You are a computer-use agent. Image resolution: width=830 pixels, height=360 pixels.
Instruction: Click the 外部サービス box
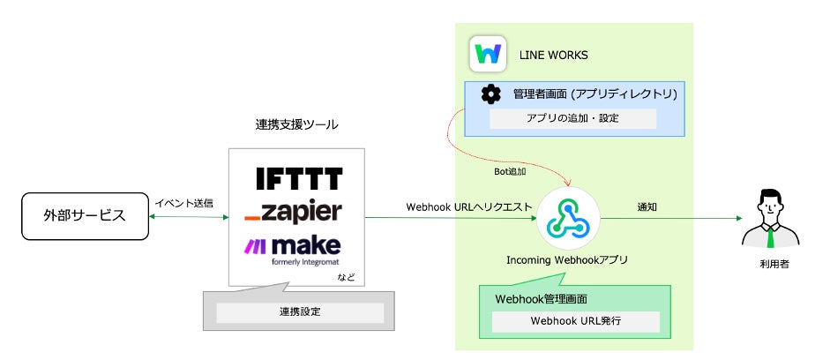pyautogui.click(x=85, y=216)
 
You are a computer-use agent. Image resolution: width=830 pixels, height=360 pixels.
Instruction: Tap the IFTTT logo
pyautogui.click(x=298, y=179)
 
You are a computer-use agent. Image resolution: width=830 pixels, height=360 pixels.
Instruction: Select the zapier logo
pyautogui.click(x=293, y=212)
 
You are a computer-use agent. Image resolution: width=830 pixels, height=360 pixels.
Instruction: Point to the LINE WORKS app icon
pyautogui.click(x=487, y=55)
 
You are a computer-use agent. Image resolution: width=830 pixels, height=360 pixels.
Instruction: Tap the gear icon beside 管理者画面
pyautogui.click(x=490, y=94)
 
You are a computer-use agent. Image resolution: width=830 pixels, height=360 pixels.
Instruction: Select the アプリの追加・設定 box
pyautogui.click(x=572, y=119)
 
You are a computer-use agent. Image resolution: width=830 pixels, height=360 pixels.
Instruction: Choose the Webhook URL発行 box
pyautogui.click(x=575, y=321)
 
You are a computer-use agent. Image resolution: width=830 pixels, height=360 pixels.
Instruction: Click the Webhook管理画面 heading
pyautogui.click(x=542, y=298)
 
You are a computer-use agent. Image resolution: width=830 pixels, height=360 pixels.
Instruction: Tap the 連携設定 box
pyautogui.click(x=300, y=312)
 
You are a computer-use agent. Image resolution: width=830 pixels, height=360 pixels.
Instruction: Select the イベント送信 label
pyautogui.click(x=183, y=203)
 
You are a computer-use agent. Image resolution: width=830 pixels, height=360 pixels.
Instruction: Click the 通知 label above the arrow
pyautogui.click(x=649, y=206)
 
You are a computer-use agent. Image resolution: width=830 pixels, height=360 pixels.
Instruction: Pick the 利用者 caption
pyautogui.click(x=770, y=265)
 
